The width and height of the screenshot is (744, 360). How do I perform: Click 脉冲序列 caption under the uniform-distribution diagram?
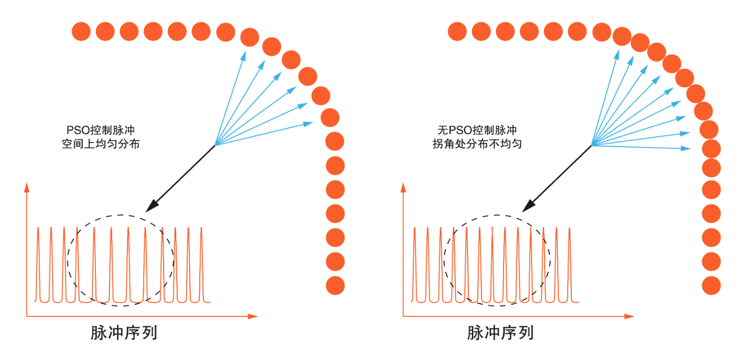124,333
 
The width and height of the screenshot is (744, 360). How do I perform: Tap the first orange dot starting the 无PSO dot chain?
457,32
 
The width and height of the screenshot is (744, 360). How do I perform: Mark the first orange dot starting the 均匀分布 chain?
81,32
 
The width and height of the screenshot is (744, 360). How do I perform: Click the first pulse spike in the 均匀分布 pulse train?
38,264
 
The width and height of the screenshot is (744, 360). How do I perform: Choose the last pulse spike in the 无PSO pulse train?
570,264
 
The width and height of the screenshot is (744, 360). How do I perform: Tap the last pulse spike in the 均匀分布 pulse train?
201,264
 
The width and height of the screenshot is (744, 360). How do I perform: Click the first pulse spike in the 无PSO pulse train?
415,264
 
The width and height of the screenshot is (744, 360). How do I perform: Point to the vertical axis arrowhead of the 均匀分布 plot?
27,187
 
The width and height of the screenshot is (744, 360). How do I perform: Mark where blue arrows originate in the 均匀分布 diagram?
215,146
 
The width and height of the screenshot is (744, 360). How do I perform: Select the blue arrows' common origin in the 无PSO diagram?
592,146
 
